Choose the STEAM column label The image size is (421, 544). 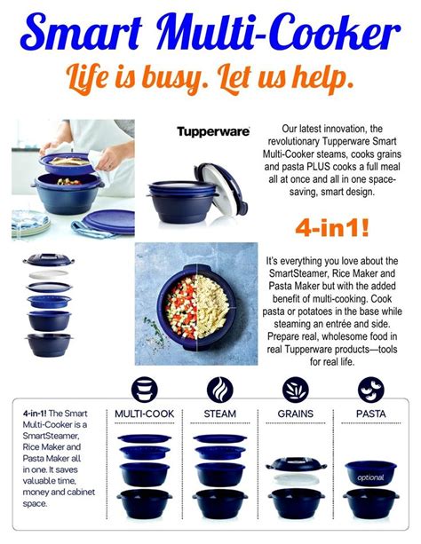[x=219, y=414]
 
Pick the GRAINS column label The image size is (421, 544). [x=294, y=414]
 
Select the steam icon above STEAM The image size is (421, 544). [x=219, y=388]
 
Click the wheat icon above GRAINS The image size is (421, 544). [x=295, y=388]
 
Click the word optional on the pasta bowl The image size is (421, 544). [x=372, y=477]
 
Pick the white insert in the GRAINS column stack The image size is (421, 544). [x=294, y=478]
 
